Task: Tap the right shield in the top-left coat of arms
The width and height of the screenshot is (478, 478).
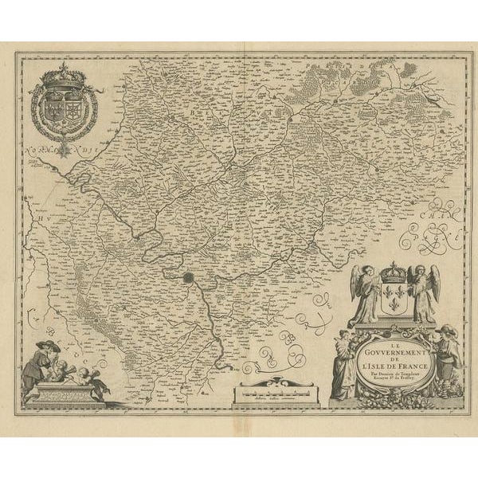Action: point(72,107)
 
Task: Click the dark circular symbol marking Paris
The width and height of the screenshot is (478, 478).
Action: point(189,279)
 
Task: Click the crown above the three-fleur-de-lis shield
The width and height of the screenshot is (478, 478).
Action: point(391,272)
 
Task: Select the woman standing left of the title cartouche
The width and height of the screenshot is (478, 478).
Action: point(343,362)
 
